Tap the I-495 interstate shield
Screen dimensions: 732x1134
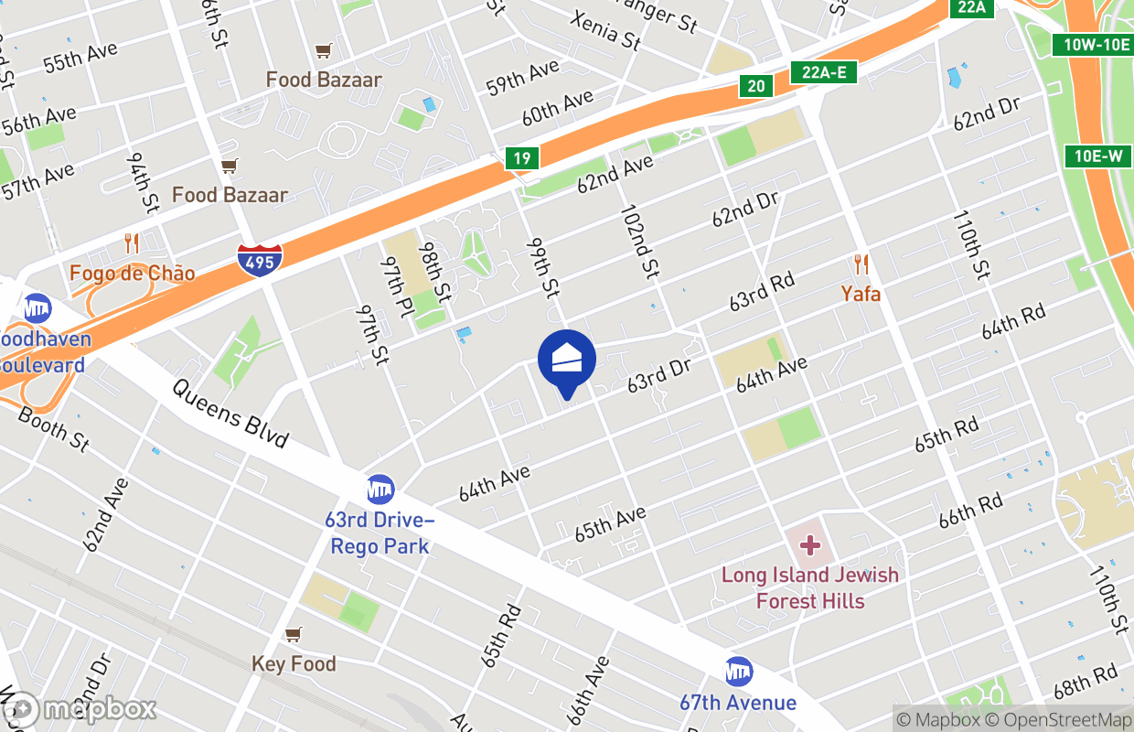pos(260,259)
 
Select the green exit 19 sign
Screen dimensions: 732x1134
pos(521,158)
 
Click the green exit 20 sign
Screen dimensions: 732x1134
pos(755,86)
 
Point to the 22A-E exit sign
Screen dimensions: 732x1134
pos(823,72)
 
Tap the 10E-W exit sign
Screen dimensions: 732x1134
pos(1097,156)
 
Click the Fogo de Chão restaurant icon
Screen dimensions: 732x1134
pos(132,243)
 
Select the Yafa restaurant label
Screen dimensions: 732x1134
pos(861,294)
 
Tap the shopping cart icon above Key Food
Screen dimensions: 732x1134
pos(294,634)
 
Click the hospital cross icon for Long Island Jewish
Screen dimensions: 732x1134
pos(809,546)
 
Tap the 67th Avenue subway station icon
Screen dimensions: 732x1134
pos(738,673)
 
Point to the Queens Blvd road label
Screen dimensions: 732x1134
pos(230,414)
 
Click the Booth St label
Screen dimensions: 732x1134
pos(54,428)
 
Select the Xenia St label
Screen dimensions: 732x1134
pos(605,29)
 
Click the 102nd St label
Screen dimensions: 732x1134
pos(639,242)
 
